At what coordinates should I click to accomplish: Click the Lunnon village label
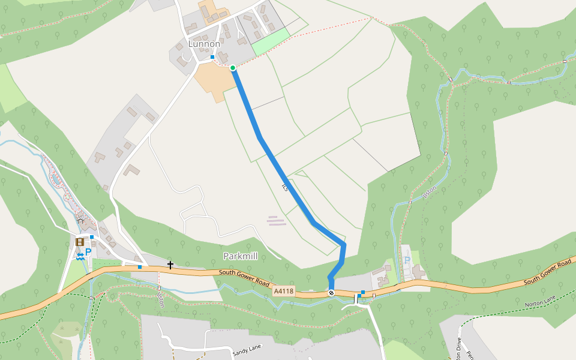(204, 44)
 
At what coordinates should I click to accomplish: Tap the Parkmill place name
(240, 256)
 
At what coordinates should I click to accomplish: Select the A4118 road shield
(284, 291)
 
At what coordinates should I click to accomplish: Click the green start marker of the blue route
(233, 68)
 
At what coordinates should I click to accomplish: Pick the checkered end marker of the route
(331, 293)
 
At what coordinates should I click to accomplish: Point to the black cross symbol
(170, 265)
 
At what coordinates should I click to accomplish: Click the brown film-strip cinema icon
(80, 242)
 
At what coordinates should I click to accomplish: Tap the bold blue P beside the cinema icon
(88, 253)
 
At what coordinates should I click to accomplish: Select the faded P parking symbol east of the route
(407, 260)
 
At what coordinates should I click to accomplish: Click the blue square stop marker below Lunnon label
(212, 57)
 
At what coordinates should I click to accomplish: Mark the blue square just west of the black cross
(140, 266)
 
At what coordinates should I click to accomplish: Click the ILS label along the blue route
(285, 187)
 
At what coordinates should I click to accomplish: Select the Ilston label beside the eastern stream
(430, 191)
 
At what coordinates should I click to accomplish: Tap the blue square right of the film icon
(92, 237)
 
